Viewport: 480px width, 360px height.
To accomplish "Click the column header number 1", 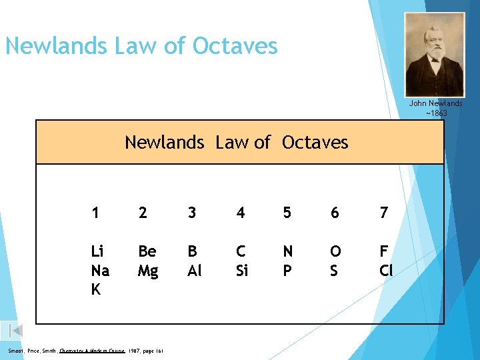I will [x=96, y=213].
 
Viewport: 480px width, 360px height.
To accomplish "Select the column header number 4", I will [x=241, y=213].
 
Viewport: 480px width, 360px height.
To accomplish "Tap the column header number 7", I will [x=383, y=213].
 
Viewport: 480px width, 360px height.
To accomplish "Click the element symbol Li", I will [x=97, y=251].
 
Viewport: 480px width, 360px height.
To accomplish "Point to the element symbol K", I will [x=96, y=290].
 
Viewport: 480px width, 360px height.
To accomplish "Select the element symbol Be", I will [x=147, y=251].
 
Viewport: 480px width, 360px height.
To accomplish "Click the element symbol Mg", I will [x=149, y=271].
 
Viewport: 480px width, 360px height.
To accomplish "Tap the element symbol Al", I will [x=195, y=271].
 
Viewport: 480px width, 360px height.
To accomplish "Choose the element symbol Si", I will [x=242, y=271].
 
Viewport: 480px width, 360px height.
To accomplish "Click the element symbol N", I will [x=288, y=251].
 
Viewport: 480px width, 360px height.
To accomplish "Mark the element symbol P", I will [x=287, y=271].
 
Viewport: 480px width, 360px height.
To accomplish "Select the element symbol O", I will [x=335, y=251].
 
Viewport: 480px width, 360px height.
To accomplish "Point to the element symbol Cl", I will [x=386, y=271].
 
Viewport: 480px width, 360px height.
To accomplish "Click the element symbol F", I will [x=383, y=251].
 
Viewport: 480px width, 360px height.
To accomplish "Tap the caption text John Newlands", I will [x=435, y=103].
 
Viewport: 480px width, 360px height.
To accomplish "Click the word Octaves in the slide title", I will [x=235, y=46].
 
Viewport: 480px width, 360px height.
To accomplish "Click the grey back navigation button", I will [x=16, y=330].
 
